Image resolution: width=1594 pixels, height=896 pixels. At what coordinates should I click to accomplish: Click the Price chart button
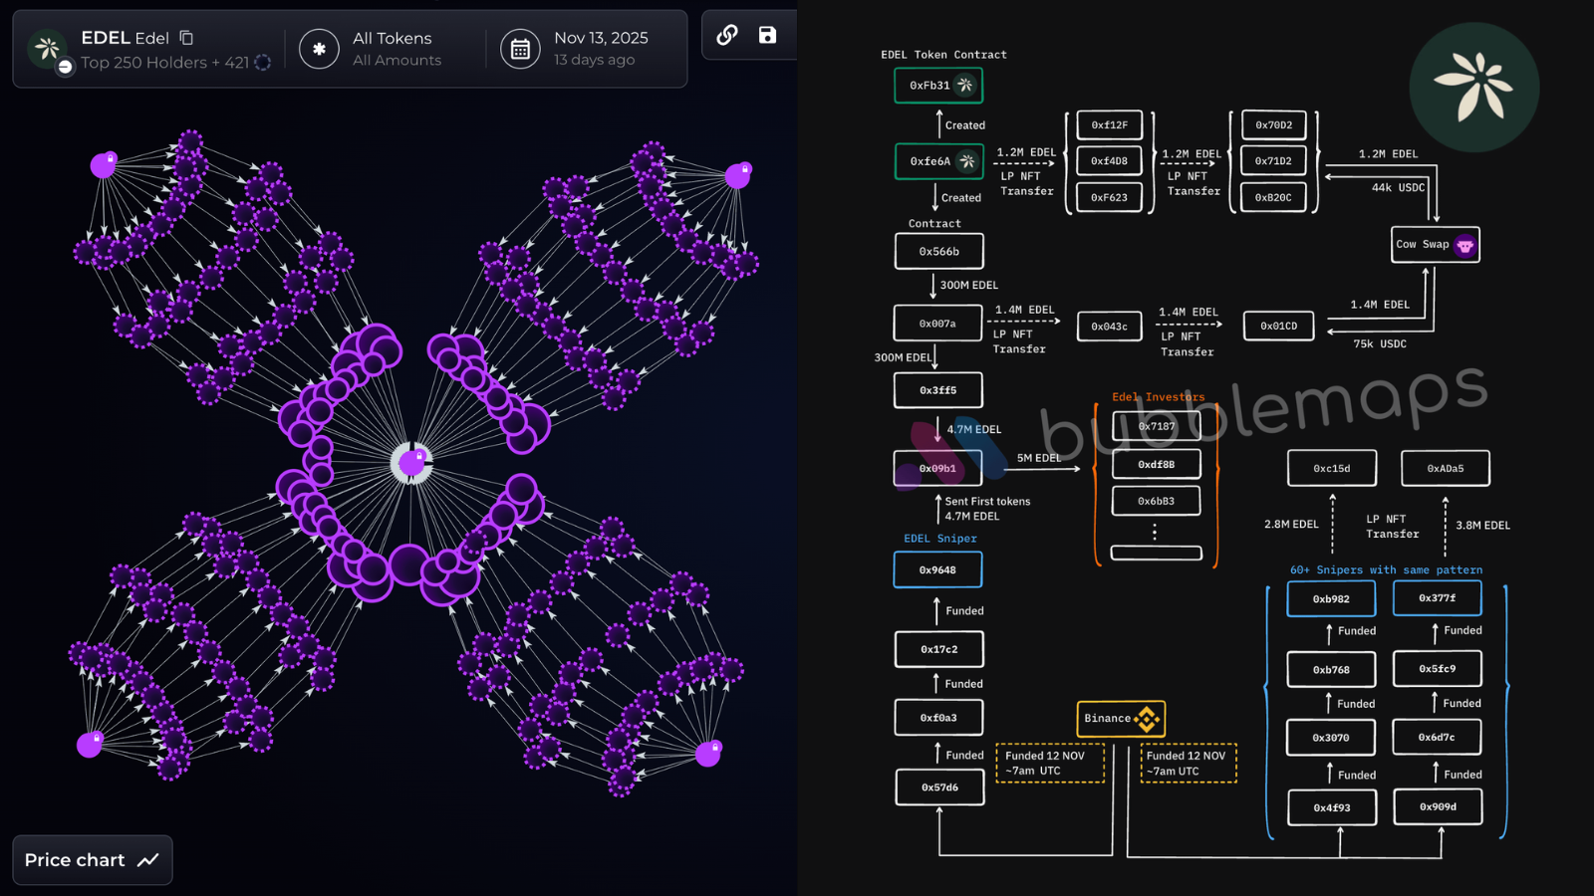(92, 860)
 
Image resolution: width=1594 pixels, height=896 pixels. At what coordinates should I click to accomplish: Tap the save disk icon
(767, 35)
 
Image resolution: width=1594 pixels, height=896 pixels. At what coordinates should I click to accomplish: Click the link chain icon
(727, 35)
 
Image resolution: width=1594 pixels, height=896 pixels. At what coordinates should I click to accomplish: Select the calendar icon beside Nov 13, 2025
(520, 49)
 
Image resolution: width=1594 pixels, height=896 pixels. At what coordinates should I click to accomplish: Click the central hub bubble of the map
(411, 462)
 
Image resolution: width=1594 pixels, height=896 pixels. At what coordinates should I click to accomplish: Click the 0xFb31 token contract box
(938, 86)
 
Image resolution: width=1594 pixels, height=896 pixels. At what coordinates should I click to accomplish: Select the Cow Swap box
(1435, 245)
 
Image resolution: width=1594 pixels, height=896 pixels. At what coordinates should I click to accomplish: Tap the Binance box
(1121, 718)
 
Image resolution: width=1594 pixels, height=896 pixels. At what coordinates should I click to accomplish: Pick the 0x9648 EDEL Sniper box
(937, 570)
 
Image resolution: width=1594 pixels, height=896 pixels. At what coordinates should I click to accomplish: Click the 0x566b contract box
(938, 252)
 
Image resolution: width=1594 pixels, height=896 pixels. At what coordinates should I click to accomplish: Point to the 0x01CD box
(1279, 326)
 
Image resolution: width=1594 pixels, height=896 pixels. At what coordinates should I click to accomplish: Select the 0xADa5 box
(1445, 468)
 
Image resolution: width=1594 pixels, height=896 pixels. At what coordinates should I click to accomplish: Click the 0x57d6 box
(938, 787)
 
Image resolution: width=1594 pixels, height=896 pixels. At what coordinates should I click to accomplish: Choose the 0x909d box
(1438, 807)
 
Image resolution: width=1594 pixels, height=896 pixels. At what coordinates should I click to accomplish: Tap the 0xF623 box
(1109, 197)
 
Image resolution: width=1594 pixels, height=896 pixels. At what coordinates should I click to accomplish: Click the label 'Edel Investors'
(1158, 397)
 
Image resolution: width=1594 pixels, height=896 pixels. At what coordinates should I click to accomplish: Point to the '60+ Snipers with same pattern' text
(1386, 570)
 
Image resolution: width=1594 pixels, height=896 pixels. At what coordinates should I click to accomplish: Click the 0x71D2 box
(1273, 161)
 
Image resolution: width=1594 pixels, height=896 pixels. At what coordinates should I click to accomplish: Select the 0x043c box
(1109, 327)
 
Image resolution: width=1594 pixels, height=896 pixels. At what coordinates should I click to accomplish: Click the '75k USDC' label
(1380, 344)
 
